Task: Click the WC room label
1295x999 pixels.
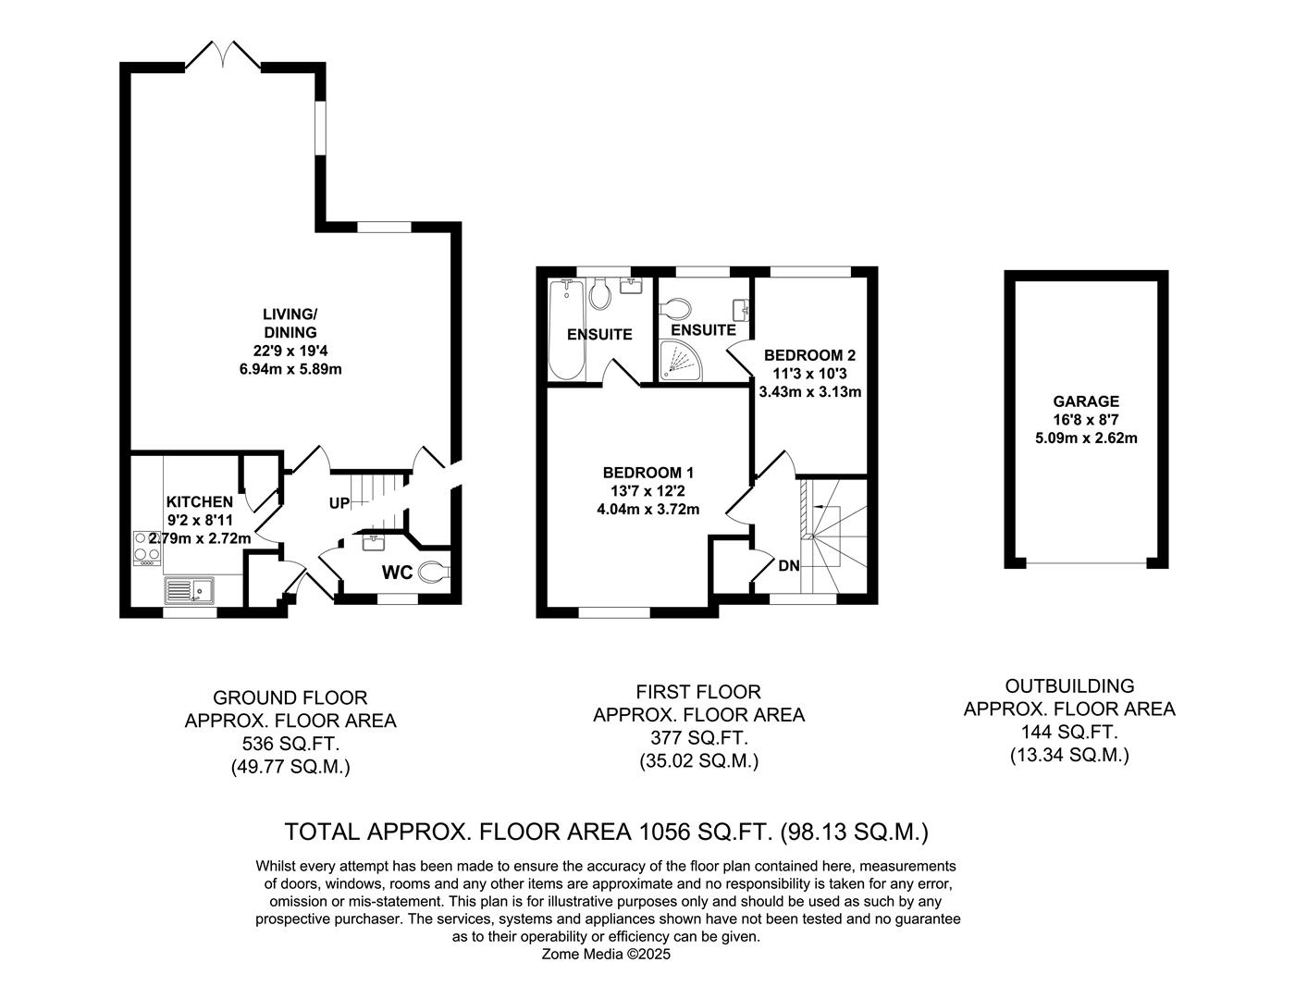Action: coord(397,573)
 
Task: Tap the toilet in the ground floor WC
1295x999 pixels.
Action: coord(435,573)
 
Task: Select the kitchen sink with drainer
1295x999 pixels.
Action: coord(189,590)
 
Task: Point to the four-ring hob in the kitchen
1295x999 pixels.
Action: coord(146,547)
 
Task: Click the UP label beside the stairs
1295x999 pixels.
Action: coord(339,503)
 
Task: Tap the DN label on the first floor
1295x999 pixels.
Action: coord(789,566)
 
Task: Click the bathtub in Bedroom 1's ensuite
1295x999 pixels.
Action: coord(567,329)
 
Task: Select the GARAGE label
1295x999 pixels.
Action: coord(1086,401)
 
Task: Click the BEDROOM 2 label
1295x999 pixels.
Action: coord(810,355)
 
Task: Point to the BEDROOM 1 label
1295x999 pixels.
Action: coord(648,473)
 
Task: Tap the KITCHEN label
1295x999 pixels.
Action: coord(200,501)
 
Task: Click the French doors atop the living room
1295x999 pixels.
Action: coord(223,55)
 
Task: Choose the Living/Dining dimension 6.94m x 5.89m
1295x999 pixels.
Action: coord(290,369)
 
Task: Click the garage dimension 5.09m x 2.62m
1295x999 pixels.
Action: coord(1086,438)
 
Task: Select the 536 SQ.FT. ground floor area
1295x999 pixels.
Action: coord(290,744)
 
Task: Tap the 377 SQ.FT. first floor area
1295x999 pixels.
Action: coord(699,738)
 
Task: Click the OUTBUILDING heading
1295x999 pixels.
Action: coord(1069,686)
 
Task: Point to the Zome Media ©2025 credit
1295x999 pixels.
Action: coord(606,955)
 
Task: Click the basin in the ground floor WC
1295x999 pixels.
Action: coord(374,542)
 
